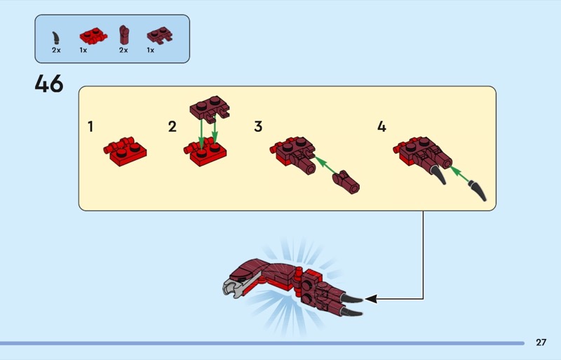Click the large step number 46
click(49, 84)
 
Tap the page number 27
click(541, 342)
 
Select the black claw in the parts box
click(55, 38)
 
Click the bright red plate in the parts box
click(93, 36)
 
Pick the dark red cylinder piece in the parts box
click(124, 35)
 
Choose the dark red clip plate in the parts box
click(160, 36)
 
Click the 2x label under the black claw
click(56, 50)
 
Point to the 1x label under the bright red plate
click(83, 50)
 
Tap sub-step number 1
click(90, 126)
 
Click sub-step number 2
click(172, 126)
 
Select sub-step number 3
click(258, 126)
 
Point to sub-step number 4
click(381, 126)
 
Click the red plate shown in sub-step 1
click(125, 152)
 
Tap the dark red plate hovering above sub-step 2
click(210, 109)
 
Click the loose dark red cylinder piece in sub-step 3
click(346, 182)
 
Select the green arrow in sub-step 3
click(326, 165)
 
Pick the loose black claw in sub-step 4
click(478, 191)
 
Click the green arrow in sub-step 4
click(460, 174)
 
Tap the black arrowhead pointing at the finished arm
click(371, 299)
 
